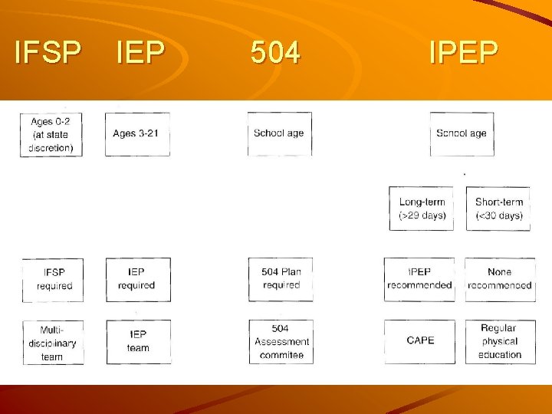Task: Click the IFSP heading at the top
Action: pos(48,52)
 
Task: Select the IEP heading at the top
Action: pos(140,52)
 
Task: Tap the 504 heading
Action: pos(276,52)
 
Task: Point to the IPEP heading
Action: pos(464,52)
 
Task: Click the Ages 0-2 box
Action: pos(51,134)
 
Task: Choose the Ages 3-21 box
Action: pos(136,133)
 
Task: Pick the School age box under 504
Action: pos(279,133)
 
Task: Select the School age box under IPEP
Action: pos(462,133)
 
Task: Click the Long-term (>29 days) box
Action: pos(422,209)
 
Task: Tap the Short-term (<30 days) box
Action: pos(499,209)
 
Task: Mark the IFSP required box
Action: pos(54,279)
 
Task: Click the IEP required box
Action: pos(137,279)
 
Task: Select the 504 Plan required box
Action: pos(281,279)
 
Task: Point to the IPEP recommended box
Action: pos(420,279)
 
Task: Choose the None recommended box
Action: pos(500,279)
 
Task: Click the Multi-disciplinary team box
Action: pos(53,342)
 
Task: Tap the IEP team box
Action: pos(138,341)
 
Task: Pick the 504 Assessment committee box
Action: pos(281,341)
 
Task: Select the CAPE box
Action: pos(420,340)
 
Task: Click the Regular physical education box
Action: pos(500,341)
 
